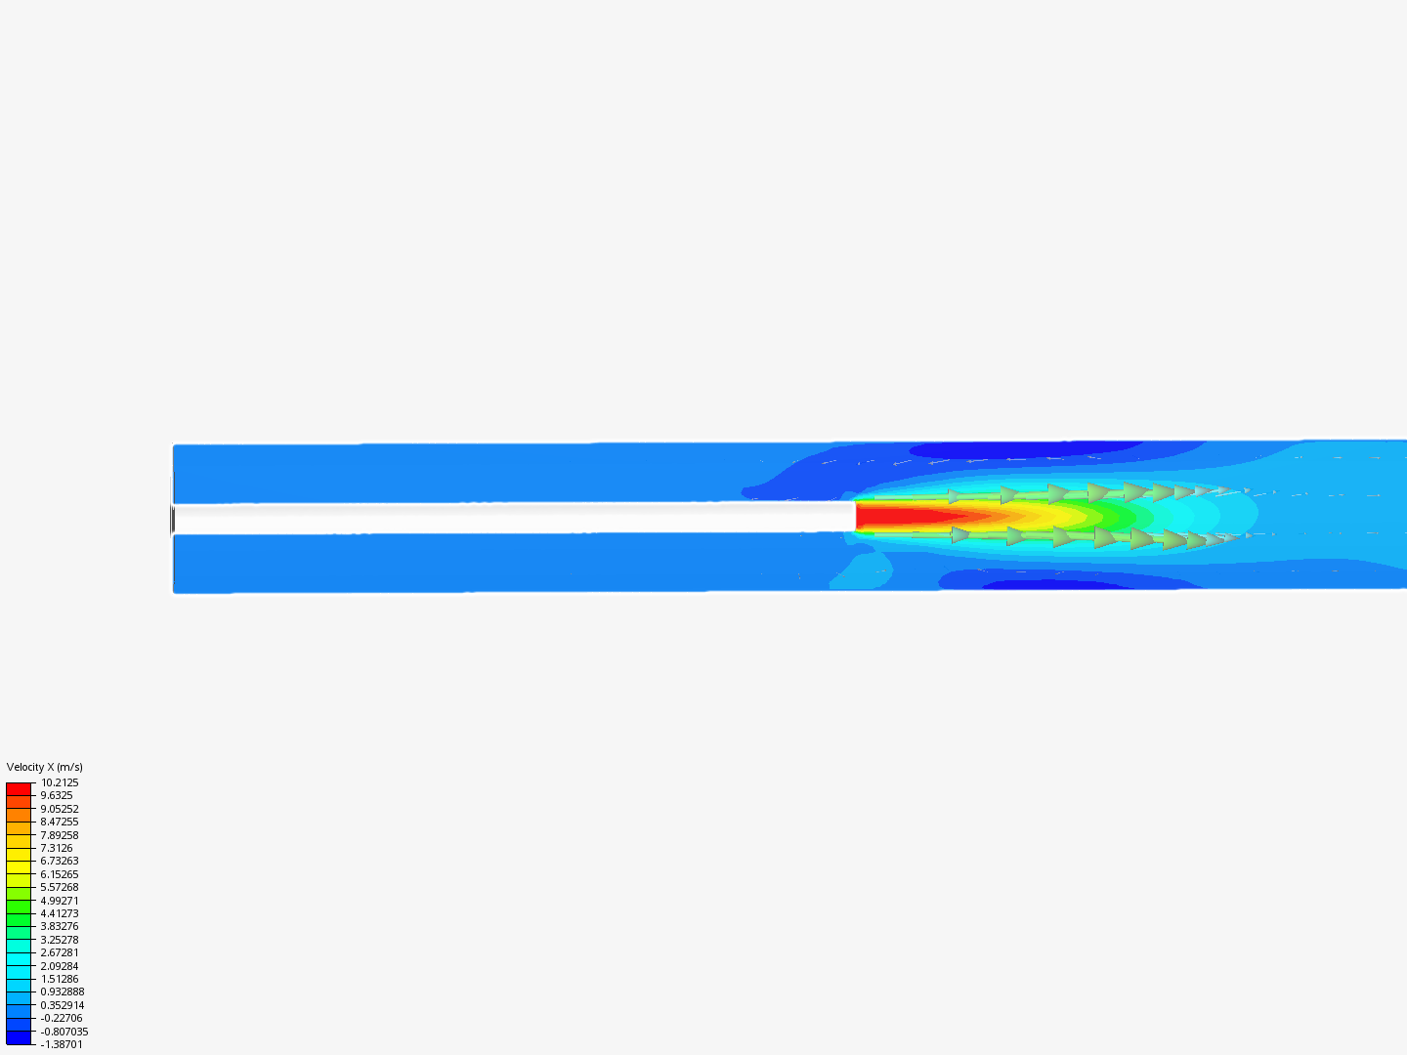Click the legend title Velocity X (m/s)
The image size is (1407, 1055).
point(44,767)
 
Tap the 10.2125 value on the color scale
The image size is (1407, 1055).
point(60,782)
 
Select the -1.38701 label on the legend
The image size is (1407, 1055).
point(62,1044)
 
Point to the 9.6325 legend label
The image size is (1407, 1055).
point(57,795)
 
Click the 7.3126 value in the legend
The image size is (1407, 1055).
point(57,848)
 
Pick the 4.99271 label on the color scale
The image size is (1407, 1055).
point(60,900)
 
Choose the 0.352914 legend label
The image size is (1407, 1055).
point(63,1005)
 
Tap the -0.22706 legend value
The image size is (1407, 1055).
point(62,1018)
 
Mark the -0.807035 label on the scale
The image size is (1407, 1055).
point(64,1032)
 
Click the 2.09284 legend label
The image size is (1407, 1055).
point(60,966)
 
